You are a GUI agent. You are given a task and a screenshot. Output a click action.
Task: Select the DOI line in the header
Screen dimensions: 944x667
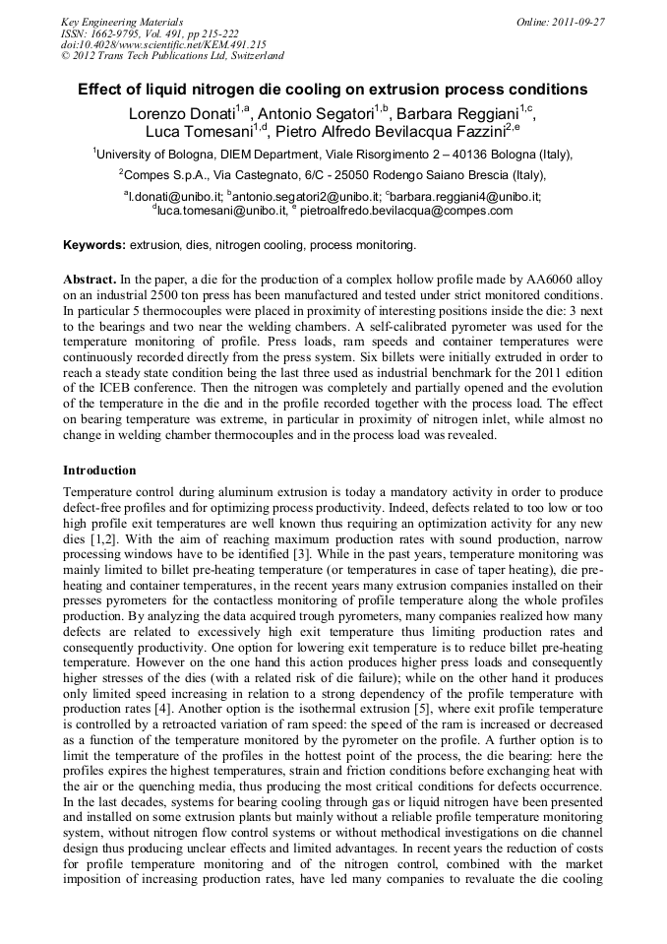point(163,44)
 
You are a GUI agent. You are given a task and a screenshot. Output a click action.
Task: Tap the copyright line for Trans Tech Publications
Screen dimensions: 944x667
point(172,56)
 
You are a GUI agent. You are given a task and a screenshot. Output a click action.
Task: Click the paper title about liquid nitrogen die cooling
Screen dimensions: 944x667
point(333,90)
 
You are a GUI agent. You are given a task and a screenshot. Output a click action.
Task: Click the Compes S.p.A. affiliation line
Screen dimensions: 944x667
point(333,175)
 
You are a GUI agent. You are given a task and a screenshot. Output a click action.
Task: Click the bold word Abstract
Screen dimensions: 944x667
point(91,281)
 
